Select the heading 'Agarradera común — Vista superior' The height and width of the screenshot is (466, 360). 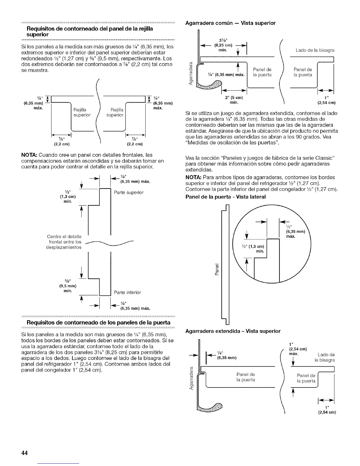tap(230, 23)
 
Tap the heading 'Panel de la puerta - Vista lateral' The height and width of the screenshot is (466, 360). tap(226, 197)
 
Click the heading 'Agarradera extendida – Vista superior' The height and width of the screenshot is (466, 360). tap(233, 331)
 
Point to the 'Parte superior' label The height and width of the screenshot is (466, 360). tap(129, 192)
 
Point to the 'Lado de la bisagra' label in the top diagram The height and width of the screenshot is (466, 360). tap(315, 51)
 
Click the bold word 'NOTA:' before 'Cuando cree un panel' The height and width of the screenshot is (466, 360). tap(29, 155)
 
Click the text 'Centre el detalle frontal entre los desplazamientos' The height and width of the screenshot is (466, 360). tap(65, 242)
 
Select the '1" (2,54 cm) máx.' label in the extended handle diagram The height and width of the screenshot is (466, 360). tap(299, 348)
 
